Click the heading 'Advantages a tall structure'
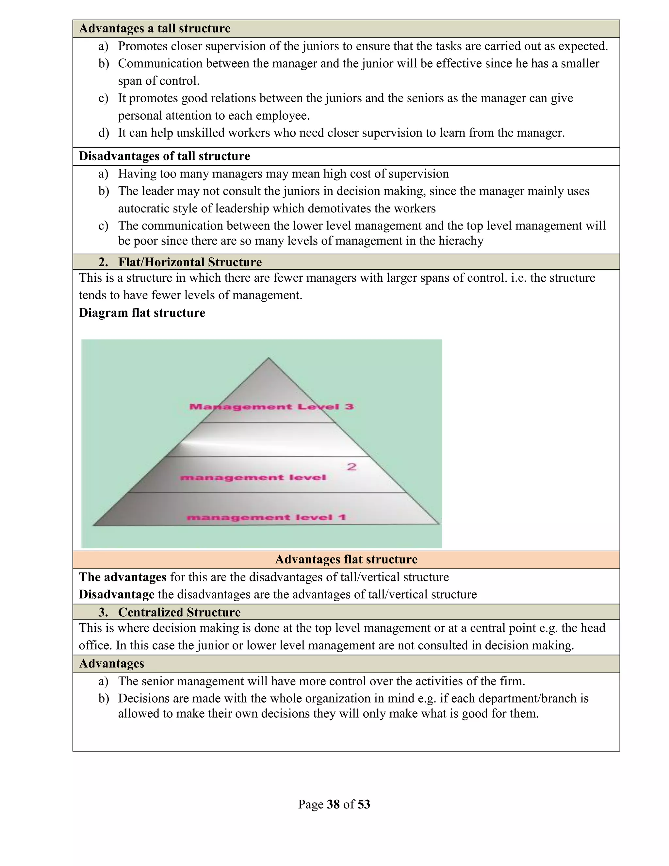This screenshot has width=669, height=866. [x=155, y=28]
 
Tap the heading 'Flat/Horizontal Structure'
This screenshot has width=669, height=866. [x=189, y=262]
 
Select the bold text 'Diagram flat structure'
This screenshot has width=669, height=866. [x=142, y=313]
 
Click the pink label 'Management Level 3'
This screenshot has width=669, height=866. [x=271, y=407]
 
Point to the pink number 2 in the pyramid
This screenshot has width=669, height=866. [x=351, y=467]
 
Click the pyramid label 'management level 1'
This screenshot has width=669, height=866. [x=266, y=517]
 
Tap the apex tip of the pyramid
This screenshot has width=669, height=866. [x=269, y=358]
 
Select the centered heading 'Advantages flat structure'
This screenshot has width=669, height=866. [x=346, y=559]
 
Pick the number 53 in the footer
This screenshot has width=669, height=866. [x=364, y=804]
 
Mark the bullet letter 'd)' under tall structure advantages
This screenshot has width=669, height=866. [x=104, y=133]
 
